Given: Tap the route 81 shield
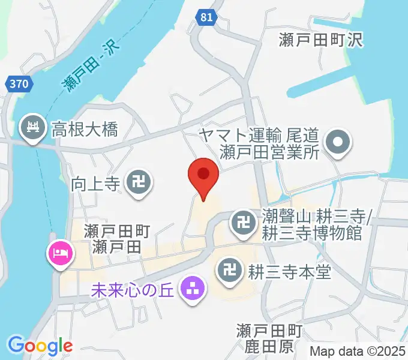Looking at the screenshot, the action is coord(206,18).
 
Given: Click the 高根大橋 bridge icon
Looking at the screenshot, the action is coord(31,128).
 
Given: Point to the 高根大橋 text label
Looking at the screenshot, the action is coord(84,128).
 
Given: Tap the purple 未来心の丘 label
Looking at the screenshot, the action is coord(131,291).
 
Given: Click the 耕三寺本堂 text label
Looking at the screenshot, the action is coord(289,273).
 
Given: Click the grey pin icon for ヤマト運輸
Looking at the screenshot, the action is coord(337,142).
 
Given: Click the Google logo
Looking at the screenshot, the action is coord(40,345).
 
